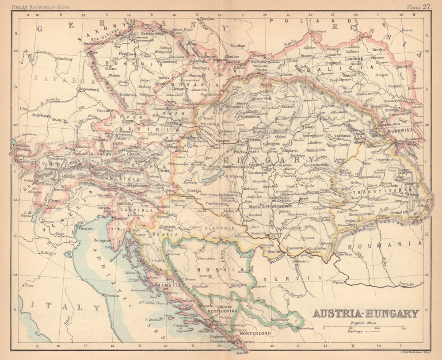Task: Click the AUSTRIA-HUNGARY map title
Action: pos(366,313)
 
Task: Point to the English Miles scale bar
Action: pos(363,327)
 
